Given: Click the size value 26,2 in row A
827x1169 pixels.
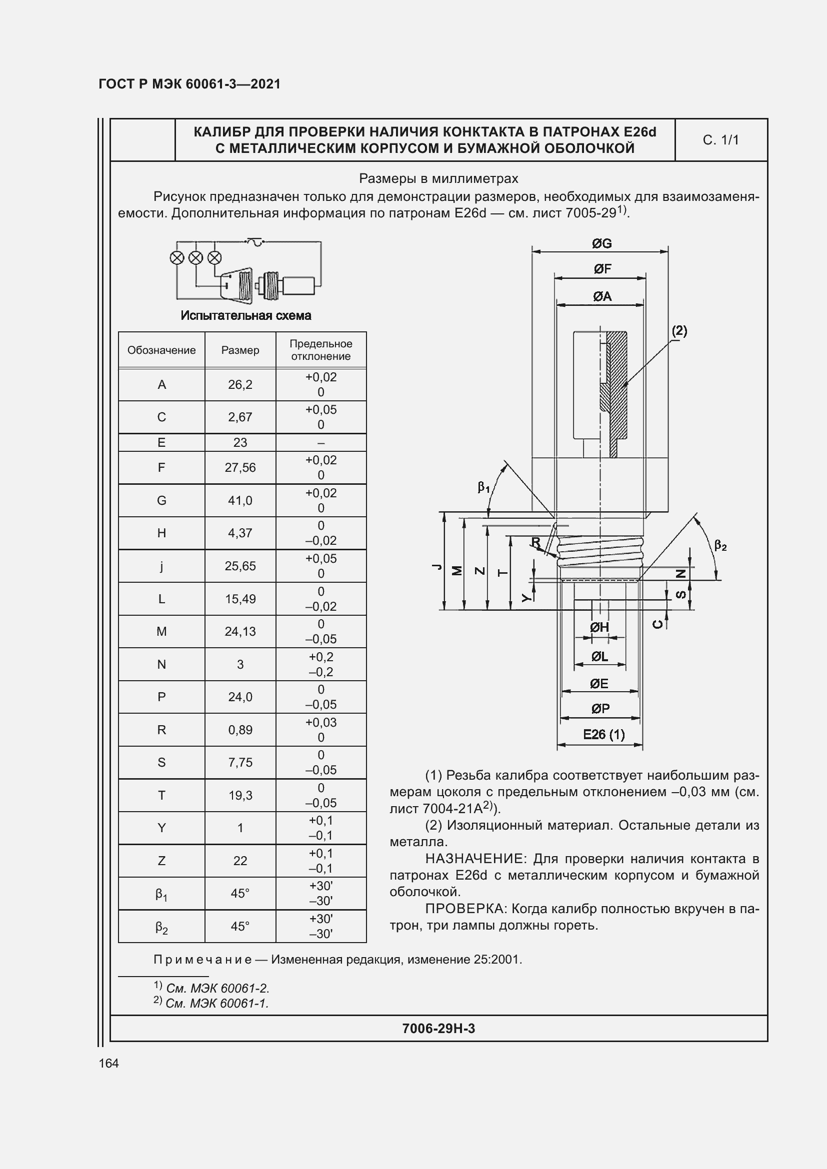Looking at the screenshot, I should (240, 385).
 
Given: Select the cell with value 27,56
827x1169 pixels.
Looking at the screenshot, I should (240, 467).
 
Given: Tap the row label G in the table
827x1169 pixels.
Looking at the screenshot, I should (161, 500).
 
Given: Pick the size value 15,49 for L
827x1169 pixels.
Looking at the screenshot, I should (240, 599).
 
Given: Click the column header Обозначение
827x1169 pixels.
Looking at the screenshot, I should (161, 350).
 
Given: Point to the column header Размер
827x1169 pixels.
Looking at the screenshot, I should (240, 350).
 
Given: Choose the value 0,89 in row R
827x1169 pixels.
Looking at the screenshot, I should (240, 730).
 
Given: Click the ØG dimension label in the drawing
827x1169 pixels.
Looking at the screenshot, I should (601, 244).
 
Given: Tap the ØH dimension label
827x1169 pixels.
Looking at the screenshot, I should (599, 627).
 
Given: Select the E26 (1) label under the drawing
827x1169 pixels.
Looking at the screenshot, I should (603, 734).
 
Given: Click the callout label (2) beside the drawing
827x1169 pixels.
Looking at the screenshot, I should (679, 331).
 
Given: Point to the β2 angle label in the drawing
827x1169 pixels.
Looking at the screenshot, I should (720, 546).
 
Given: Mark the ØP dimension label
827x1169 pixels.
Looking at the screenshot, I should (600, 708).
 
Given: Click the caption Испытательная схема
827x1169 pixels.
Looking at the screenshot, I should (246, 316).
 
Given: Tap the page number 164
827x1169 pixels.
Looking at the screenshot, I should (108, 1063).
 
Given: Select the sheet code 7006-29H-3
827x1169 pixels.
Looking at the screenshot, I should (438, 1029).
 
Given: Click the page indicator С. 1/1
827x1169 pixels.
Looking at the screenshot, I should (720, 140).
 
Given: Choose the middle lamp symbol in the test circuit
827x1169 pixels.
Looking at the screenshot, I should (196, 257).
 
